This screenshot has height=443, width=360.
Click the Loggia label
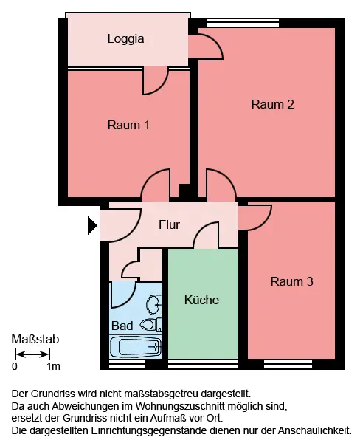[x=125, y=39]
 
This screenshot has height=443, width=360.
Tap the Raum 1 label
[x=128, y=125]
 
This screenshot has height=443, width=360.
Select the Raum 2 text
[x=272, y=104]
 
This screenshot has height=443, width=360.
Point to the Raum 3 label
[x=291, y=281]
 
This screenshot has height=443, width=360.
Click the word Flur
[x=169, y=224]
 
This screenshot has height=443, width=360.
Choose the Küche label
[x=201, y=300]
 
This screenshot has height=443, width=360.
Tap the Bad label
[x=122, y=326]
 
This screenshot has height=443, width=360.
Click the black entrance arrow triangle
[x=93, y=225]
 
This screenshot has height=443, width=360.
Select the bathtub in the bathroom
[x=136, y=346]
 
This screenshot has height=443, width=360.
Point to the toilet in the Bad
[x=151, y=325]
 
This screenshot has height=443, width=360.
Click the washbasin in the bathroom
[x=154, y=304]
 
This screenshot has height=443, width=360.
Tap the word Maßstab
[x=35, y=340]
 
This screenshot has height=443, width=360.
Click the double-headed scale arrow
[x=32, y=354]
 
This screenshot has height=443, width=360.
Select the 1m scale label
[x=53, y=366]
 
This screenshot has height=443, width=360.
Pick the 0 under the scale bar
[x=15, y=366]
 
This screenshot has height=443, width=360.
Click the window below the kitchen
[x=203, y=364]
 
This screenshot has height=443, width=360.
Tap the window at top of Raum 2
[x=243, y=23]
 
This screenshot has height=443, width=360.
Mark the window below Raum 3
[x=288, y=364]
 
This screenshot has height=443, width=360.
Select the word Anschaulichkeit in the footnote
[x=314, y=431]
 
